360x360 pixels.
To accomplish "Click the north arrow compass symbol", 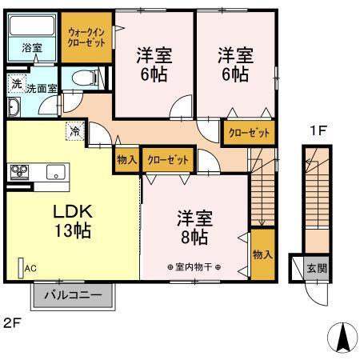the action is pos(342,338).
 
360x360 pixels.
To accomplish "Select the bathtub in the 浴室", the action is pos(32,26).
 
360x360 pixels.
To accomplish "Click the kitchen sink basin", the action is pos(56,172).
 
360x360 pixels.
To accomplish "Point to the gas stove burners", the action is pos(19,171).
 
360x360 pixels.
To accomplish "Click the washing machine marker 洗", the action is pos(17,84).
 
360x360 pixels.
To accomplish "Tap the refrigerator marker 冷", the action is pos(75,130).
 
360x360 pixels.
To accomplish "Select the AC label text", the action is pos(30,268).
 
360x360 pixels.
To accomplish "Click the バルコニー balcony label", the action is pos(73,295).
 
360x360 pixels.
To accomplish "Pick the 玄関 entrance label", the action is pos(317,268).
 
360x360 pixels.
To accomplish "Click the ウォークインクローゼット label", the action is pos(86,38).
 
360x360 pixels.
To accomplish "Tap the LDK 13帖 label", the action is pos(73,221).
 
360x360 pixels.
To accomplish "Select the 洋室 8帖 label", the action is pos(194,228).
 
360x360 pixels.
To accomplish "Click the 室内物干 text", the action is pos(194,267).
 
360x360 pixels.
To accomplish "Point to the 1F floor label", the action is pos(318,130).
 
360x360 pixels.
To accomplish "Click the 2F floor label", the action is pos(12,323).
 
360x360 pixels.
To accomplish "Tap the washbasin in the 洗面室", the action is pos(14,107).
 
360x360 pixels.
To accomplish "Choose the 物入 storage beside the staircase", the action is pos(262,254).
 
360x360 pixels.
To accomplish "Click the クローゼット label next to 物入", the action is pos(168,160).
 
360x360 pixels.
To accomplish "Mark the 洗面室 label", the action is pos(42,89).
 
